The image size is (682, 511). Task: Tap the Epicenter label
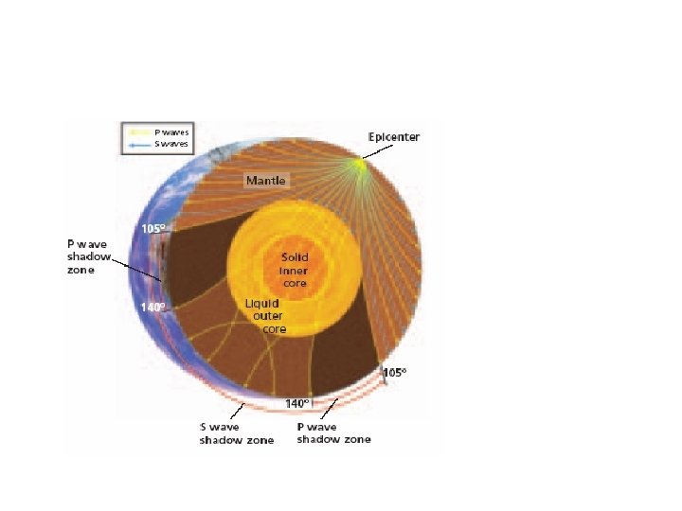394,136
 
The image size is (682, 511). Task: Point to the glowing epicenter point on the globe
358,167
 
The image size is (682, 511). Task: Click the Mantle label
265,180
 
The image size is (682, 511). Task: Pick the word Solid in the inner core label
296,257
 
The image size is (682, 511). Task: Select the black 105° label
394,373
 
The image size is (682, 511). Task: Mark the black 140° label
297,403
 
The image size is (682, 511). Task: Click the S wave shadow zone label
236,433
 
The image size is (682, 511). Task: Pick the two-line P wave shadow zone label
333,433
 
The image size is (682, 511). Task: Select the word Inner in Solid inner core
296,269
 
